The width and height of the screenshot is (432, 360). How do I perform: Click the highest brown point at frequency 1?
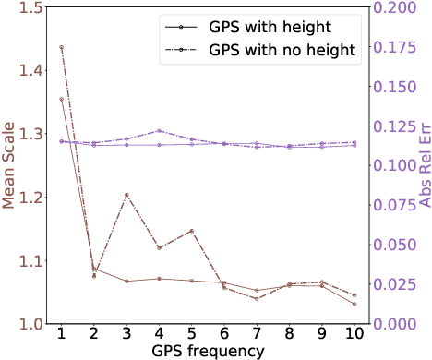pos(61,47)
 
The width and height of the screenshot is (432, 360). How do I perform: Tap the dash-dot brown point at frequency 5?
pos(191,231)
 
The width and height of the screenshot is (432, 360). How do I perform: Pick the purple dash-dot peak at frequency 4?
pos(159,131)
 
